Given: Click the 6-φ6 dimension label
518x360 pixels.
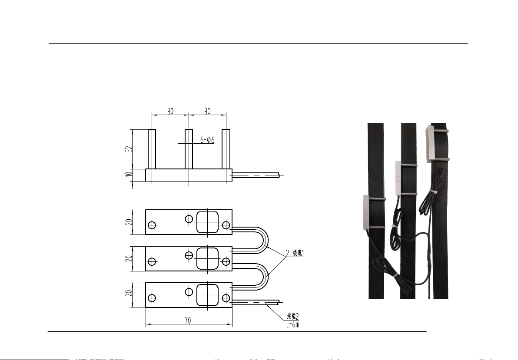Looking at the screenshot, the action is pyautogui.click(x=207, y=140).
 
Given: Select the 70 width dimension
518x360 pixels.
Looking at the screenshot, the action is pyautogui.click(x=187, y=320).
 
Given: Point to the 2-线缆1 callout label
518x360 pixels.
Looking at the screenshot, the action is pyautogui.click(x=295, y=253).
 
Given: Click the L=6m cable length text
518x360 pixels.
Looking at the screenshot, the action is pyautogui.click(x=293, y=324).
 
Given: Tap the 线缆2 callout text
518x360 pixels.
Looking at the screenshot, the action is pyautogui.click(x=293, y=317).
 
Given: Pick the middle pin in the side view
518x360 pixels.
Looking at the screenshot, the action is pyautogui.click(x=189, y=149).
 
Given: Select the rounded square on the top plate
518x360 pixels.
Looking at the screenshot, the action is pyautogui.click(x=207, y=222).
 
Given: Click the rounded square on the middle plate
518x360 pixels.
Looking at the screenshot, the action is pyautogui.click(x=207, y=259).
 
